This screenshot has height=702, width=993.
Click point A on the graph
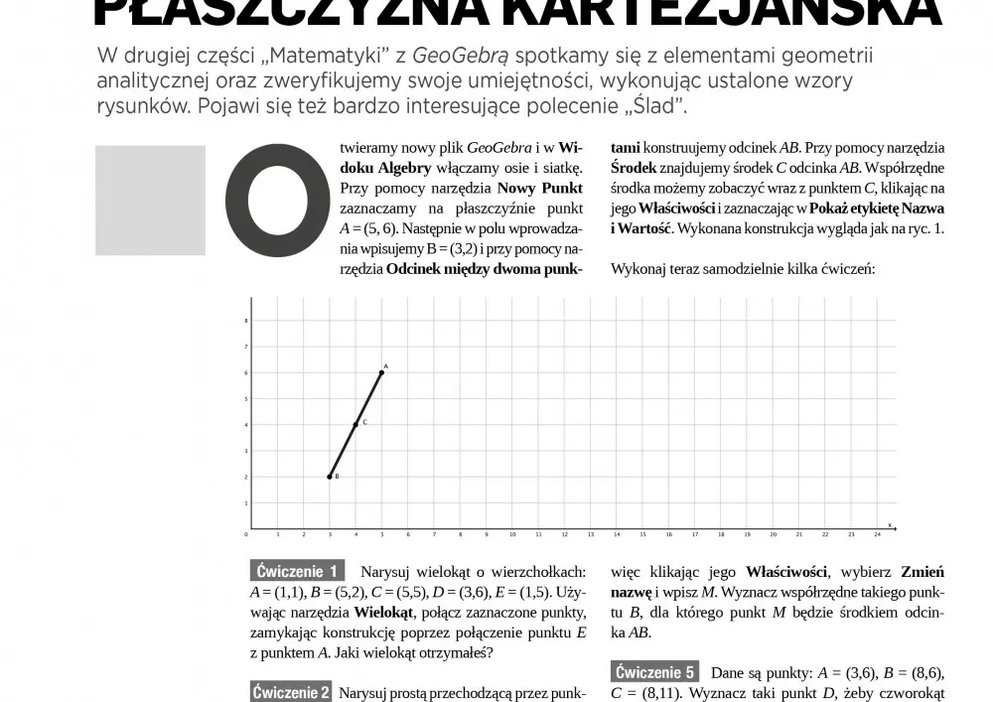(381, 372)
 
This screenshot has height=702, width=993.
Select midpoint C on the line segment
(355, 425)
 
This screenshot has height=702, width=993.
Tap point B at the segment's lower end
(330, 477)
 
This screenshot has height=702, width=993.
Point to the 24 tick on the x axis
(877, 534)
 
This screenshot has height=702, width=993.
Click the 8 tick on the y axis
(245, 321)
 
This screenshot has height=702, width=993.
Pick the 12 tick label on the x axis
(564, 534)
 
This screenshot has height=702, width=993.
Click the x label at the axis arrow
(889, 523)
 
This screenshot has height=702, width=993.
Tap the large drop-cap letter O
(278, 200)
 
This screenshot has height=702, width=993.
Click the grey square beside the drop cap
(150, 201)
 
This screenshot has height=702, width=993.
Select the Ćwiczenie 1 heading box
(297, 571)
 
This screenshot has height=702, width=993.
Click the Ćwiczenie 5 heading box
(655, 672)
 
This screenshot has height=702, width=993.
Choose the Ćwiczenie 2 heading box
(291, 692)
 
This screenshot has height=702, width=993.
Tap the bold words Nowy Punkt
(540, 188)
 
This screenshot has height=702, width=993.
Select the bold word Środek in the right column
(633, 168)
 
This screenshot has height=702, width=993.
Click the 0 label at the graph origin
(246, 534)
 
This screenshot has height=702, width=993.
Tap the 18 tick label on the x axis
(720, 534)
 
